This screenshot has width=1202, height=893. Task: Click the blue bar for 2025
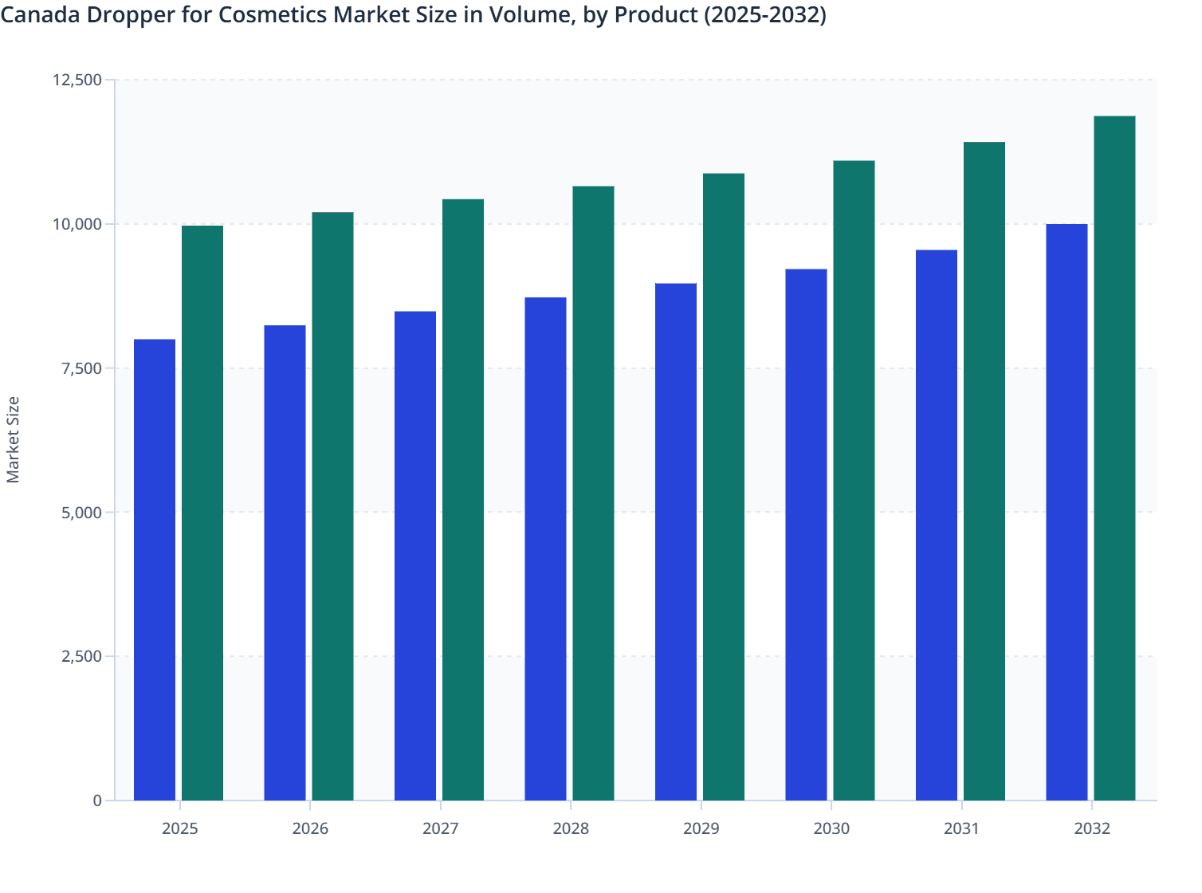(155, 569)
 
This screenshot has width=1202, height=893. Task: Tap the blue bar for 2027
(415, 556)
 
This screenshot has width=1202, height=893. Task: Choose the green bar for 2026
(332, 506)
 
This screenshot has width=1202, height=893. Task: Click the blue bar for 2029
(676, 541)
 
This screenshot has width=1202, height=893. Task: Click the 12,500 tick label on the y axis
(77, 80)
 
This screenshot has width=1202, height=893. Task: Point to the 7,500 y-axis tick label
(81, 368)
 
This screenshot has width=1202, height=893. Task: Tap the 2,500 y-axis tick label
(81, 656)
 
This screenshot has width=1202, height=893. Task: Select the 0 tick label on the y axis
(97, 801)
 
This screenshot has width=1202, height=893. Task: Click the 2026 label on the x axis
(310, 828)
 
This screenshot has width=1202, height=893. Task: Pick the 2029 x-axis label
(701, 828)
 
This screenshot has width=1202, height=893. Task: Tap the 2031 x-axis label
(962, 828)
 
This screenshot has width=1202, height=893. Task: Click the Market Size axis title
(13, 439)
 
